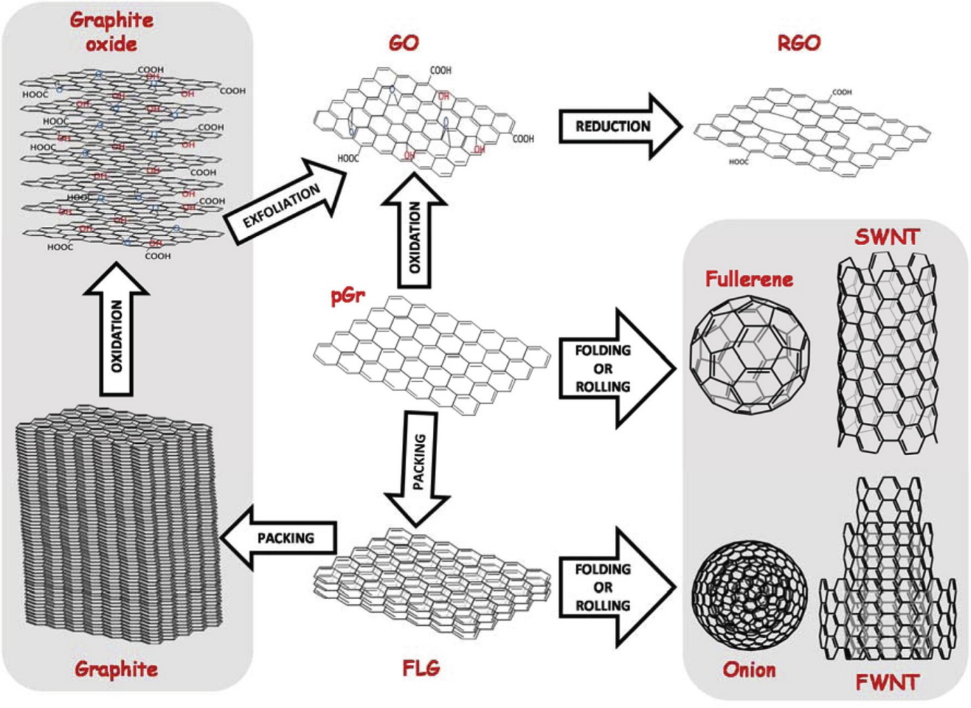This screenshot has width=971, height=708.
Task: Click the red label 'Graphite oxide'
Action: point(111,32)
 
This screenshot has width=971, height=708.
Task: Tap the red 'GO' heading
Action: point(403,43)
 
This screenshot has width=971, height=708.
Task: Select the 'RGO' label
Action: point(799,43)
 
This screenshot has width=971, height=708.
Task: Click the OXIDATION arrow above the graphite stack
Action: point(117,330)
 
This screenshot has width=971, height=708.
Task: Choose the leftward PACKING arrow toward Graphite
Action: point(281,538)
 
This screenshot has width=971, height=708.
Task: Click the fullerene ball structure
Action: point(749,354)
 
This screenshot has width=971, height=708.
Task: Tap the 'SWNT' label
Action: point(887,237)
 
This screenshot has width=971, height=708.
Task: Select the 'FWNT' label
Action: point(887,682)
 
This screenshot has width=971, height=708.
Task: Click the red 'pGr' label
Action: point(348,296)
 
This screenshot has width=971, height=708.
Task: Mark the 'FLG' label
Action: point(421,667)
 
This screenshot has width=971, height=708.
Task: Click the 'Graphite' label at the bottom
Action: point(116,669)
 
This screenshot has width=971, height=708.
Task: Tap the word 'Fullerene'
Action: point(749,279)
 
